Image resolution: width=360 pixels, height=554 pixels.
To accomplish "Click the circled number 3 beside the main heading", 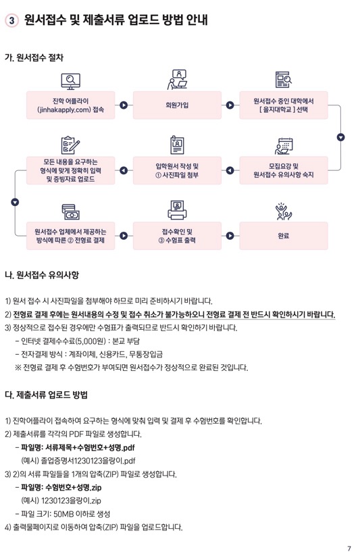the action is tap(11, 20).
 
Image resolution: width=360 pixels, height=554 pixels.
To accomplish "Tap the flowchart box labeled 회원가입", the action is tap(177, 105).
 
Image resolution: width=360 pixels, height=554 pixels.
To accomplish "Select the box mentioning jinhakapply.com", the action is tap(71, 105).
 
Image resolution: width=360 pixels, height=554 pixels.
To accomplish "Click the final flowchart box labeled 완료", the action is tap(284, 236).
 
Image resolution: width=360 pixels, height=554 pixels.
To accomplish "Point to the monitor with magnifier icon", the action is tap(71, 81).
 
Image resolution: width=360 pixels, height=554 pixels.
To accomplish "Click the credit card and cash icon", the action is tap(71, 211).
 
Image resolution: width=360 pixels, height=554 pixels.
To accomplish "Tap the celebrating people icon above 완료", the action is tap(284, 211).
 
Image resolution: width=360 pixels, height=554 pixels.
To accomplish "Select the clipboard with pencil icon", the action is tap(71, 145).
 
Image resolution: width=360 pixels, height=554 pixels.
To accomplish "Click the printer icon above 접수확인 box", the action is tap(177, 210).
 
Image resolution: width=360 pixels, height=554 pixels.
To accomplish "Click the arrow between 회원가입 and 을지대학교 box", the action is tap(230, 105).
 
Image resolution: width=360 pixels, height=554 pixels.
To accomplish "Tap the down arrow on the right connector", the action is tap(340, 137).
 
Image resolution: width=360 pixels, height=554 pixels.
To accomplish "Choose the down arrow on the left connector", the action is tap(15, 203).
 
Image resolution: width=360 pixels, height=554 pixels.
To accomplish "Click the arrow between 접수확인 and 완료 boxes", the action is tap(230, 236).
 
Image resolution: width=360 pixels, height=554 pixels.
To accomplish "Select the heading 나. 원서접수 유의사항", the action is tap(42, 275).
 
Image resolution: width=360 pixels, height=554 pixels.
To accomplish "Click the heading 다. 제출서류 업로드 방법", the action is tap(46, 395).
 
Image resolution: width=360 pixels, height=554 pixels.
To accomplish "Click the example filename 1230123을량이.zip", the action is tap(71, 501).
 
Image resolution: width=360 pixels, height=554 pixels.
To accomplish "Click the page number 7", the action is tap(349, 549).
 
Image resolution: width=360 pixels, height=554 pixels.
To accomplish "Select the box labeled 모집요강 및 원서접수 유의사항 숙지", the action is tap(284, 170).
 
